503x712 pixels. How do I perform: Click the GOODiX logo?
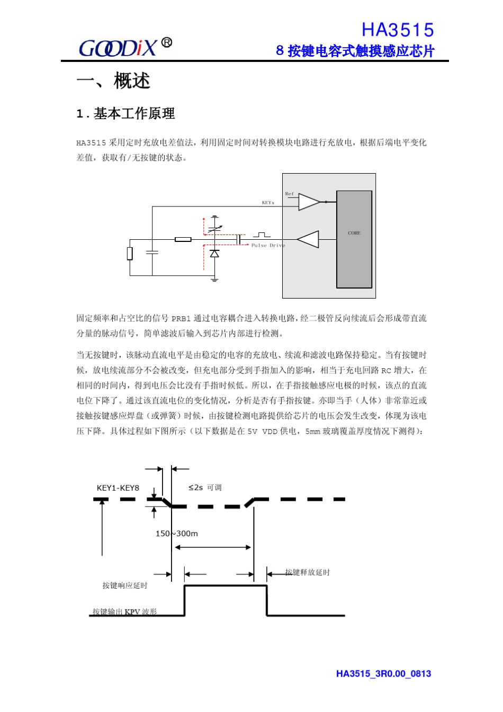pos(125,48)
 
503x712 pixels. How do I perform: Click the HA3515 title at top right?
pos(397,30)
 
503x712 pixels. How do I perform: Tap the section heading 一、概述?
pos(113,82)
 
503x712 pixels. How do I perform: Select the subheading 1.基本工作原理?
pos(125,114)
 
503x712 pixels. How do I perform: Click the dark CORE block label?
pos(354,233)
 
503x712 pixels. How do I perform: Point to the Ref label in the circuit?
pos(289,194)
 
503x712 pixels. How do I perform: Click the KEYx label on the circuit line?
pos(268,203)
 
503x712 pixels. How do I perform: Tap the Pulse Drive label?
pos(268,246)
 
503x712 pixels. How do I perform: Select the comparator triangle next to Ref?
pos(309,202)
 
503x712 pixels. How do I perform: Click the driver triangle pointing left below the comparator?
pos(309,239)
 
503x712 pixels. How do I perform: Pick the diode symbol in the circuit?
pos(214,254)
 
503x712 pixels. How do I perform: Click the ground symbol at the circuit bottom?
pos(214,279)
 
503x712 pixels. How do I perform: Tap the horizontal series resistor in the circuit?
pos(183,239)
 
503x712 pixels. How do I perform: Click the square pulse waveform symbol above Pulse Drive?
pos(262,235)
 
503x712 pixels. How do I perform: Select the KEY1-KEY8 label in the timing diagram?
pos(118,488)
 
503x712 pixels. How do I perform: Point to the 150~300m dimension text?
pos(176,534)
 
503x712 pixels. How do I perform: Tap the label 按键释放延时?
pos(307,572)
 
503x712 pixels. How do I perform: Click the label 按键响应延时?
pos(125,585)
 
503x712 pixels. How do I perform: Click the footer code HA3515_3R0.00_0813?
pos(383,674)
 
